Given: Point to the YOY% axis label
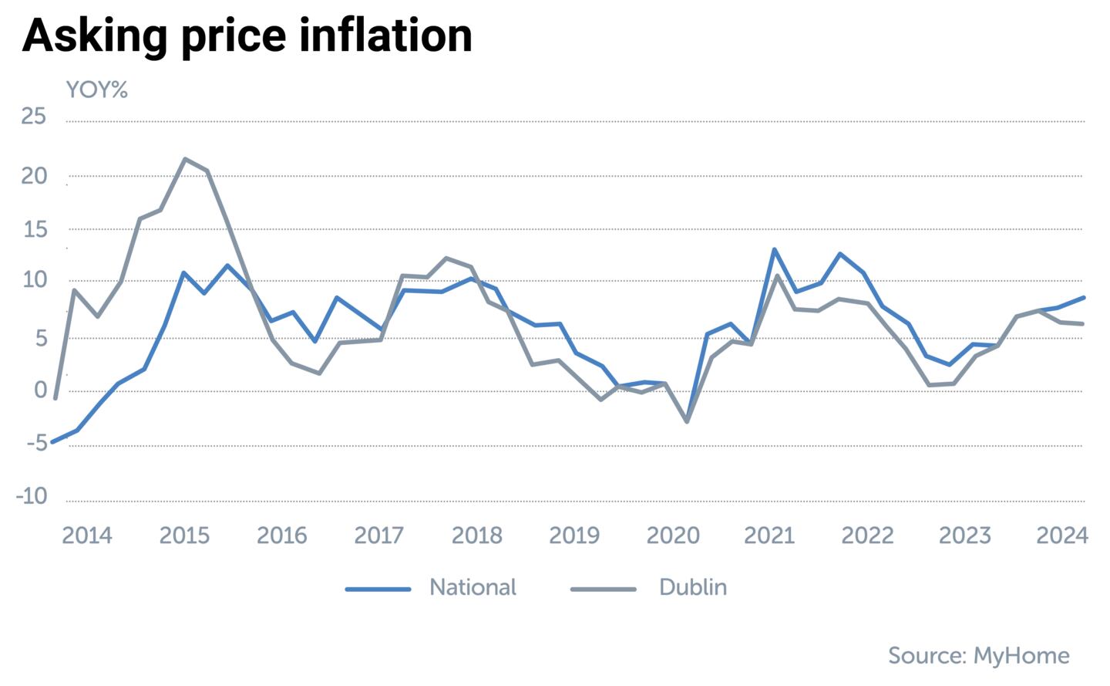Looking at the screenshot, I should coord(97,90).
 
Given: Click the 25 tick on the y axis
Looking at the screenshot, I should coord(34,117).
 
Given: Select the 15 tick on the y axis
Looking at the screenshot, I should coord(34,230).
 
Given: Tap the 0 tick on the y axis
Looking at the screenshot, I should coord(40,390).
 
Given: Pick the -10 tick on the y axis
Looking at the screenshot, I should coord(32,496).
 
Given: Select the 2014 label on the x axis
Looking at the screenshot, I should coord(87,535).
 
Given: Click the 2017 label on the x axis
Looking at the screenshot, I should coord(378,535).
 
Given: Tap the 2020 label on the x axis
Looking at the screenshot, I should coord(672,535).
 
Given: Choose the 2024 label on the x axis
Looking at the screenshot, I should coord(1061,535).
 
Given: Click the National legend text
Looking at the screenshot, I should coord(473,587).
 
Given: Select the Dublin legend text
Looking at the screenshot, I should coord(693,587).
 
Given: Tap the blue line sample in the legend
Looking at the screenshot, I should coord(378,589).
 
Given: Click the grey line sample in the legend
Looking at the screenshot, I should coord(603,589).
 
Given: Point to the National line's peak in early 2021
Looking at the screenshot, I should coord(774,249).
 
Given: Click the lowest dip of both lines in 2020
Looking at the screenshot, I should coord(687,421).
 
